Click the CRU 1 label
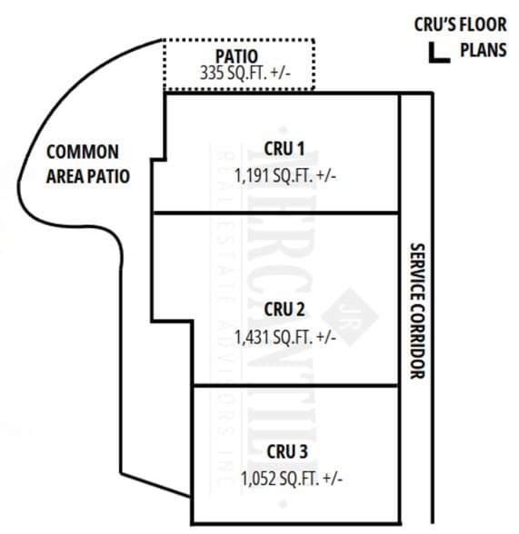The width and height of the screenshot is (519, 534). tap(284, 148)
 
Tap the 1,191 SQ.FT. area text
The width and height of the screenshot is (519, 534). tap(284, 174)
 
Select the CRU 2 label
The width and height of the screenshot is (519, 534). tap(284, 311)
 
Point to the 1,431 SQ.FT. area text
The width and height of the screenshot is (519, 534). tap(284, 337)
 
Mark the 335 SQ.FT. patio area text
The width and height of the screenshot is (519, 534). tap(246, 74)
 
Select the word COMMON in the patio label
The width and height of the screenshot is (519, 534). tap(82, 151)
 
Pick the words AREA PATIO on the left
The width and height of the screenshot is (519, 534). tap(87, 174)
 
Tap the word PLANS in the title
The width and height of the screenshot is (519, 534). tap(483, 50)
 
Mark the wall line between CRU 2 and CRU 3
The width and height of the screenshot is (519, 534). tap(295, 384)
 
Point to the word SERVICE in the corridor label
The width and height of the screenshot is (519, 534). tap(417, 272)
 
